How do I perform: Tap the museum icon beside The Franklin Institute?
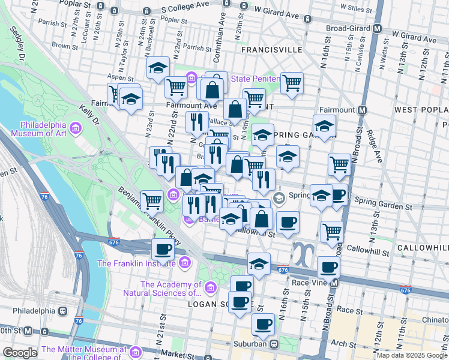point(184,263)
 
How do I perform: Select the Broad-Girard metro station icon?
point(378,28)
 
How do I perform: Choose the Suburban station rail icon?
point(274,344)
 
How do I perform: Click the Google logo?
point(20,352)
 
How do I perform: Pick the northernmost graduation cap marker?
point(158,68)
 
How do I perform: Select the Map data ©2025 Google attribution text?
point(411,355)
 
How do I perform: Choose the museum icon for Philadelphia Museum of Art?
point(76,128)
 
